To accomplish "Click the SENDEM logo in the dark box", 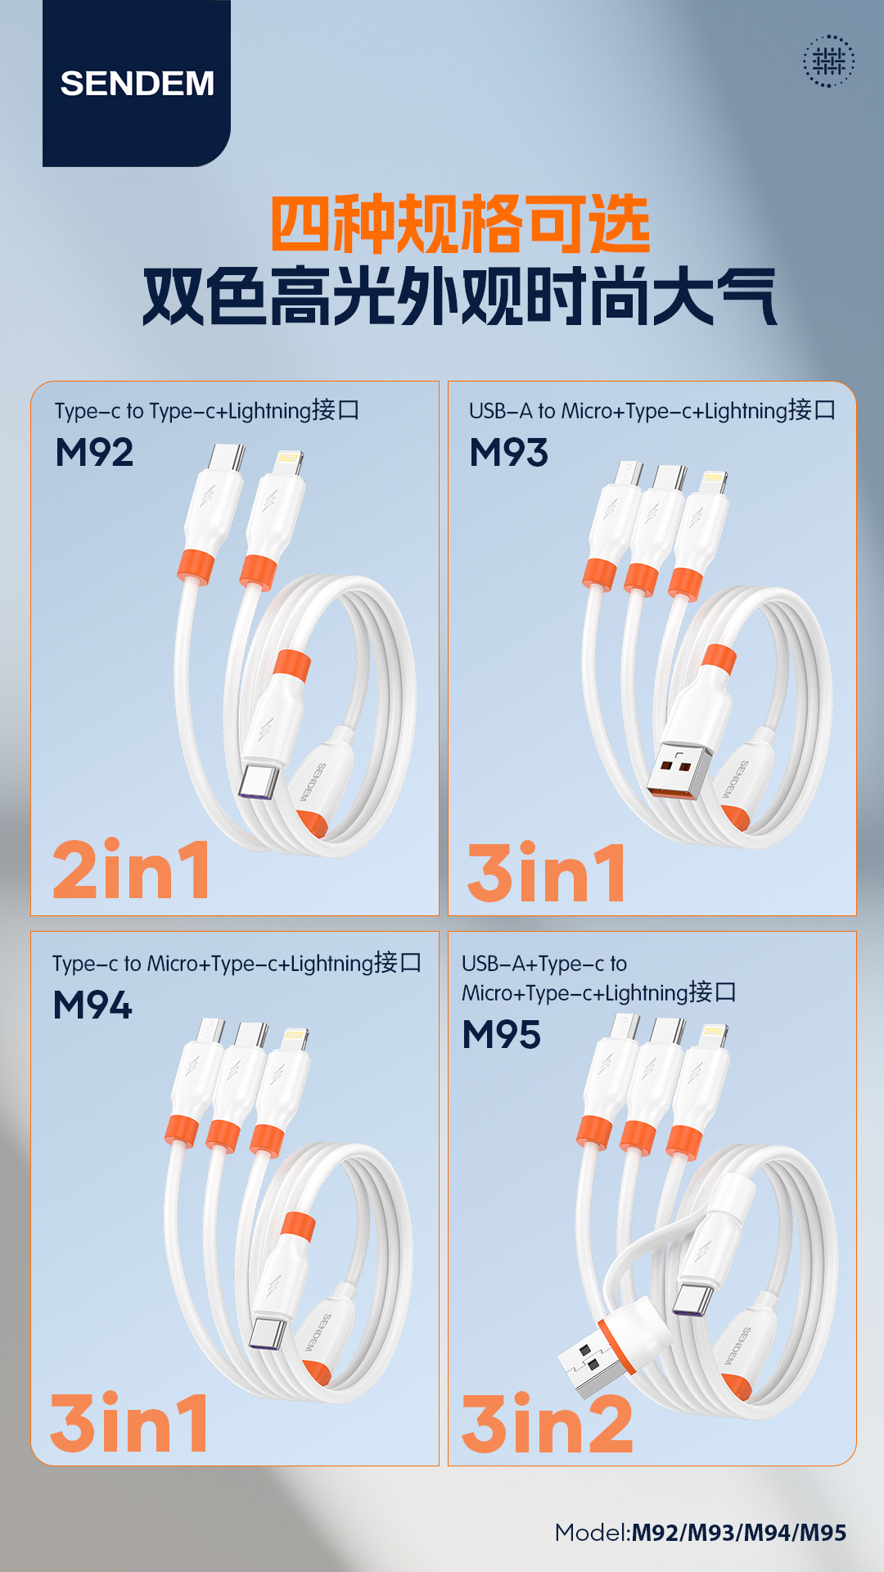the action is click(138, 84).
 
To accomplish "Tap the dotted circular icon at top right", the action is click(828, 61).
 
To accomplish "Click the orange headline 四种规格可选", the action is click(460, 224).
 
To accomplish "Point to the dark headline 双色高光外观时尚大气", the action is click(460, 296).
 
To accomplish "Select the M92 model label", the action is click(94, 453).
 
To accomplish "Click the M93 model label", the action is click(508, 453).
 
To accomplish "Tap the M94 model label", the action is click(92, 1005).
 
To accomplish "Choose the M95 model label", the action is click(501, 1034).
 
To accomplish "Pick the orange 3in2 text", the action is click(548, 1424).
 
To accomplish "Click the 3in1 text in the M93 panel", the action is click(546, 872).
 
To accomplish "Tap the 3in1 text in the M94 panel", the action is click(129, 1423).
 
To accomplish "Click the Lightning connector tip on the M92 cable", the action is click(287, 463).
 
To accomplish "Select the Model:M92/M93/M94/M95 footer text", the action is click(701, 1532).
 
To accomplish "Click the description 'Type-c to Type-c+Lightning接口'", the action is click(207, 410).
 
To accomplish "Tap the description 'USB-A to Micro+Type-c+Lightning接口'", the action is click(652, 410).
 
